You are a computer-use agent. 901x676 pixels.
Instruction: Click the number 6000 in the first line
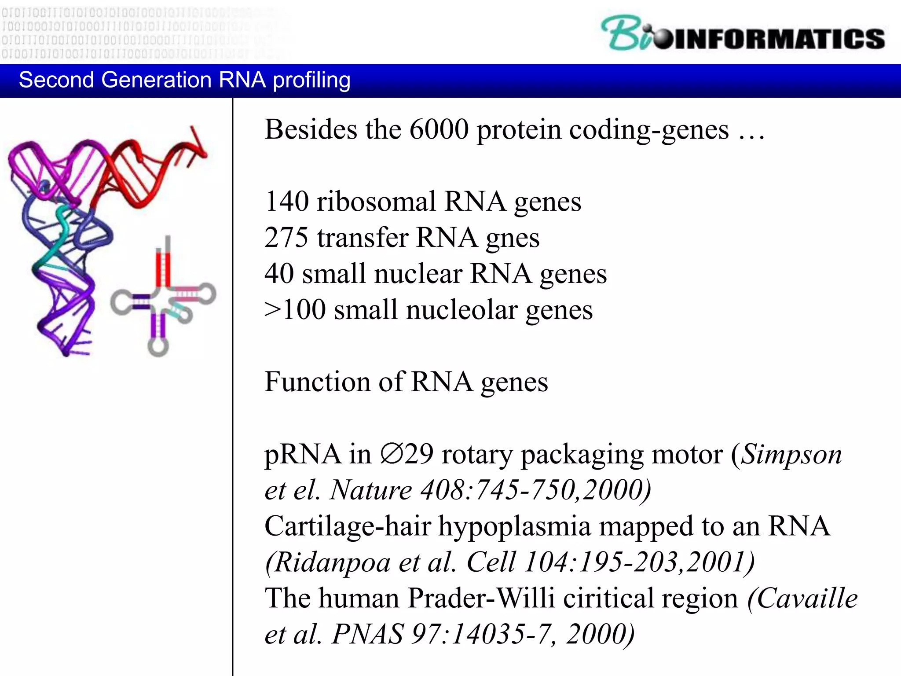click(439, 130)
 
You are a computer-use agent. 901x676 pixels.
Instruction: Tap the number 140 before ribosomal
click(286, 202)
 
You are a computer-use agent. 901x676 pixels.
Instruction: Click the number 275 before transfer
click(286, 238)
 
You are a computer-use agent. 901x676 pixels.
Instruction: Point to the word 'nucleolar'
click(461, 310)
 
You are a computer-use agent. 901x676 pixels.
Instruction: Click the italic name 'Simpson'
click(791, 455)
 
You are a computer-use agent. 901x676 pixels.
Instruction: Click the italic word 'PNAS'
click(367, 634)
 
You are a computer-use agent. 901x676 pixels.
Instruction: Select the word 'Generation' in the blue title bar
click(156, 80)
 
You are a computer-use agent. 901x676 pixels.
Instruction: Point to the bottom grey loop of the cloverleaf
click(158, 347)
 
